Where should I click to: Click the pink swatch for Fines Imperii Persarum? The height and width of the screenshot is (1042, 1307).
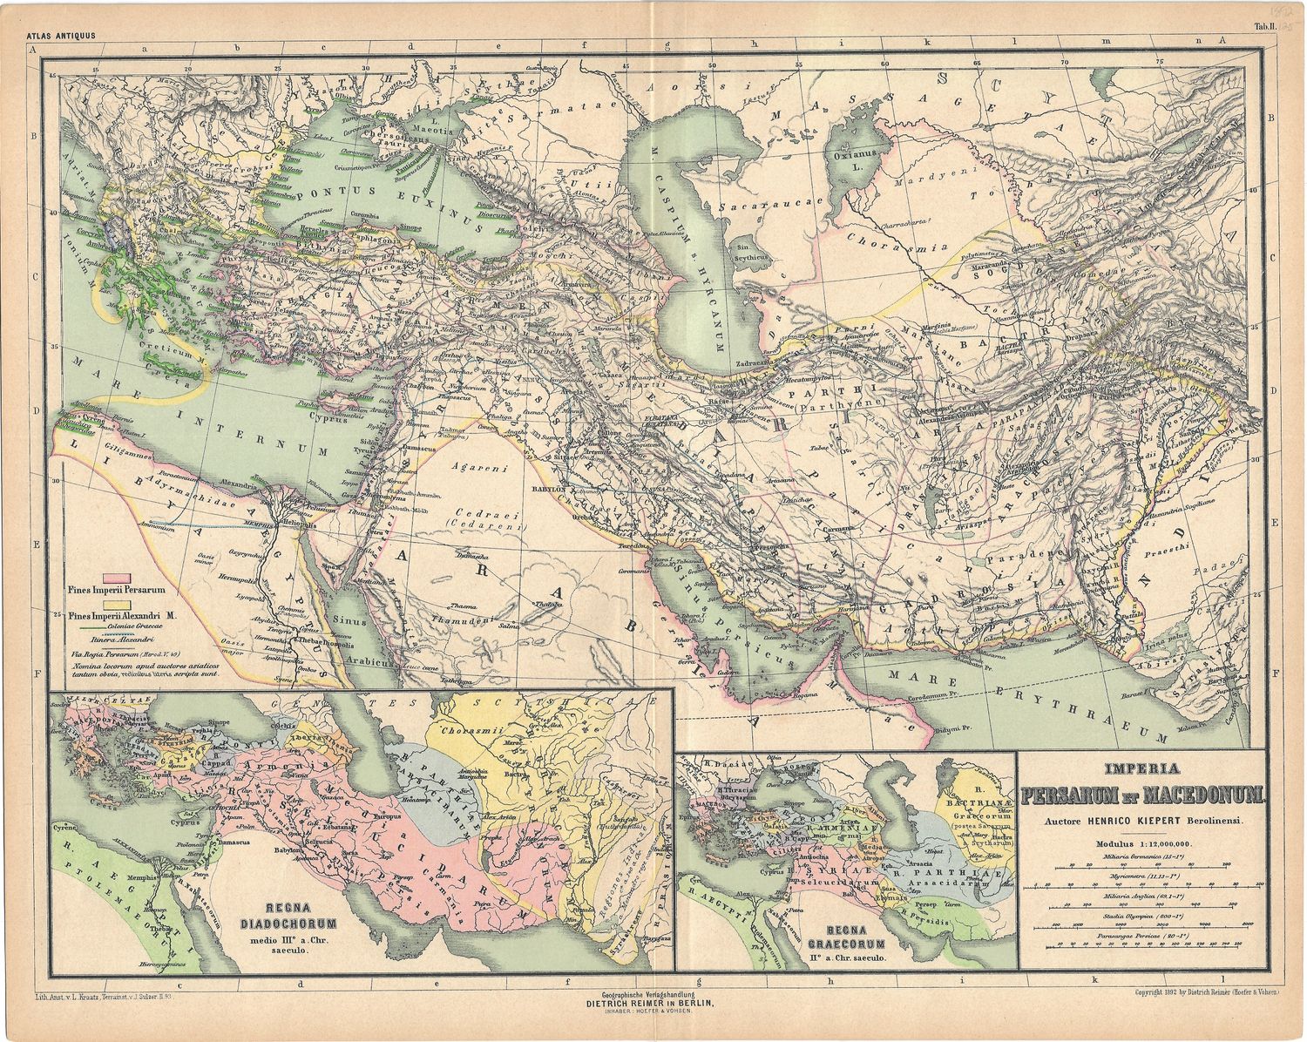click(x=117, y=577)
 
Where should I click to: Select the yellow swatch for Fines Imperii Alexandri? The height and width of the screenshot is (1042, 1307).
click(x=117, y=602)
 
